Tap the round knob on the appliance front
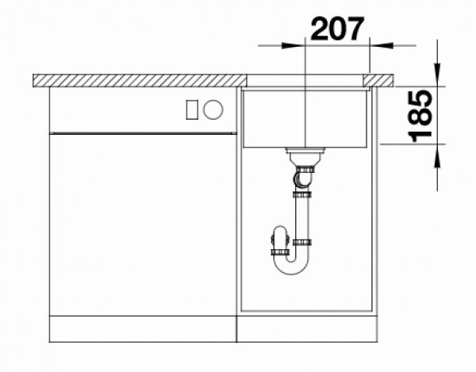point(212,111)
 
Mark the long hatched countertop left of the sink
point(139,79)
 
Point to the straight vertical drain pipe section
point(303,216)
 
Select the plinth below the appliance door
point(143,327)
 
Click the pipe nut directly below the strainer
point(304,169)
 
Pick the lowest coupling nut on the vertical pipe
point(303,241)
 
